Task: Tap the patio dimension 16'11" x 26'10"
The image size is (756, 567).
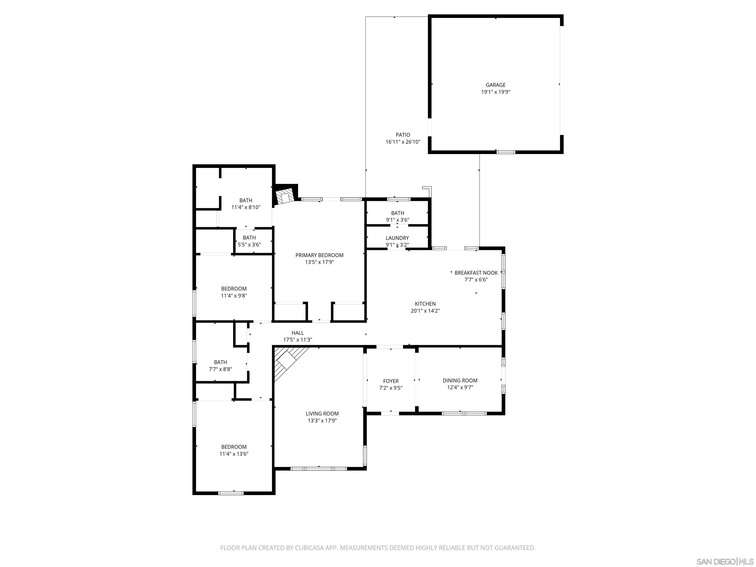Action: click(x=403, y=142)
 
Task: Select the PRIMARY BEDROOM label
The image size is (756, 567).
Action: click(x=319, y=255)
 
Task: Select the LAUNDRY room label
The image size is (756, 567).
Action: click(x=397, y=238)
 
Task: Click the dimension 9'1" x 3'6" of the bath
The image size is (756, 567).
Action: click(x=397, y=220)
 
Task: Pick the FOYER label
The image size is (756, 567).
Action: click(x=391, y=381)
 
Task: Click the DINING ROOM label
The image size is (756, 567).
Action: click(x=460, y=380)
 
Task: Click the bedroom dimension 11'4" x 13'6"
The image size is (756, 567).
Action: click(x=234, y=454)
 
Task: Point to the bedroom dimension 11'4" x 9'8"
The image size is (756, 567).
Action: click(x=234, y=296)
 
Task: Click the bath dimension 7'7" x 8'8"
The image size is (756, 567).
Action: click(x=220, y=369)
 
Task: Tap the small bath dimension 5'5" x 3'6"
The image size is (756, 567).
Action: click(x=249, y=245)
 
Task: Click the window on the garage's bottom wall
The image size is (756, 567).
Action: click(x=505, y=152)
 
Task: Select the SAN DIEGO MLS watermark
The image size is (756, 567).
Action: click(x=724, y=562)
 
